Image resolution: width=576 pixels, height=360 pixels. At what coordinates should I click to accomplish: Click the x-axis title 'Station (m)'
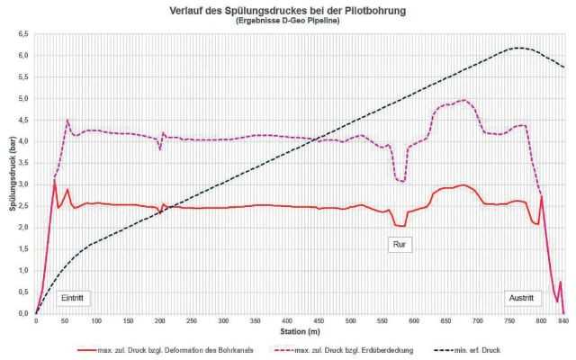[297, 329]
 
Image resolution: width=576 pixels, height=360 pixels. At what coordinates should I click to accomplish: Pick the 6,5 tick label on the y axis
[23, 34]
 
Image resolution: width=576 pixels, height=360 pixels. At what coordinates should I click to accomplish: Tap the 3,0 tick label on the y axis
[23, 184]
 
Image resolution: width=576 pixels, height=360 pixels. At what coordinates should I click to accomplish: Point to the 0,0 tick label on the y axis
[23, 314]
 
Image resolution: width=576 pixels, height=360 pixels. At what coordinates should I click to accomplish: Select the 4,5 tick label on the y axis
[23, 120]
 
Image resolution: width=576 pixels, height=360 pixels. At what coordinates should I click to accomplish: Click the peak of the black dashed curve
[517, 48]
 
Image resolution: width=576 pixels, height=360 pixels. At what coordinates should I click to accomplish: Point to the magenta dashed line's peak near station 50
[67, 120]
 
